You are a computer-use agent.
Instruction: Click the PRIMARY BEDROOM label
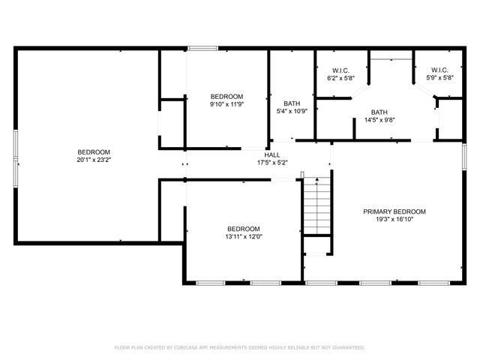pyautogui.click(x=394, y=211)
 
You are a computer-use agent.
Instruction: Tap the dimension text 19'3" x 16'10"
pyautogui.click(x=394, y=219)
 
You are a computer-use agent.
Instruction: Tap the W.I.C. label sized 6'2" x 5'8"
pyautogui.click(x=340, y=70)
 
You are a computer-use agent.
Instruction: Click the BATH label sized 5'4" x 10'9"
pyautogui.click(x=292, y=103)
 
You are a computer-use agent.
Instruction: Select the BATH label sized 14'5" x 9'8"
pyautogui.click(x=379, y=112)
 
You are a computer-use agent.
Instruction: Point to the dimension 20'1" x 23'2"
pyautogui.click(x=93, y=160)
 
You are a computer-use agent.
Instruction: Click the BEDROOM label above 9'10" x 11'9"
pyautogui.click(x=226, y=96)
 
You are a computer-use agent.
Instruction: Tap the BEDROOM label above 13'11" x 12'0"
pyautogui.click(x=244, y=229)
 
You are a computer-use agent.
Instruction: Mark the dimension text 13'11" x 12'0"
pyautogui.click(x=244, y=237)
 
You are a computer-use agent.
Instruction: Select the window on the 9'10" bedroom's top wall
pyautogui.click(x=202, y=49)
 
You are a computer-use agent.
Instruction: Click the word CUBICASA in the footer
pyautogui.click(x=184, y=347)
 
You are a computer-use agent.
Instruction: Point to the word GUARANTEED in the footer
pyautogui.click(x=348, y=347)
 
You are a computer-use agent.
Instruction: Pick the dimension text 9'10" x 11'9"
pyautogui.click(x=226, y=104)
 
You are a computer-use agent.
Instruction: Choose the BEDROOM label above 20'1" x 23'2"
pyautogui.click(x=93, y=151)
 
